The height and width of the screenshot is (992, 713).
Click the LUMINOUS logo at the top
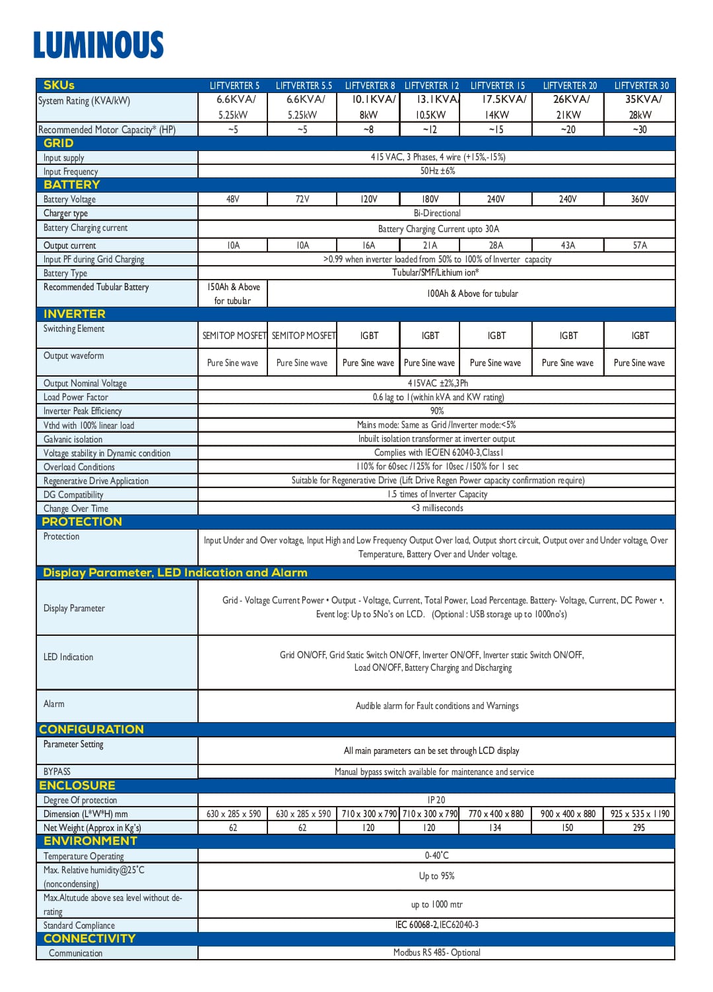pos(98,45)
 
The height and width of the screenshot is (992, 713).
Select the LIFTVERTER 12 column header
pos(431,86)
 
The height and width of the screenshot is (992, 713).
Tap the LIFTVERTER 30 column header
pos(641,86)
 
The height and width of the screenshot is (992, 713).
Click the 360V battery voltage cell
pos(639,199)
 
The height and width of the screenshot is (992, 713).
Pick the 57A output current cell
pos(639,245)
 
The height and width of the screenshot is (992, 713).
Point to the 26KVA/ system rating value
pos(571,100)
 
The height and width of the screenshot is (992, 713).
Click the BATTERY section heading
pos(71,185)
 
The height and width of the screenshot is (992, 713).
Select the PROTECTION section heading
pos(82,522)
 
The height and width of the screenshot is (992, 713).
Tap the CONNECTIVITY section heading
pos(89,939)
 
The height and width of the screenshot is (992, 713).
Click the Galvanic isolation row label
pos(73,439)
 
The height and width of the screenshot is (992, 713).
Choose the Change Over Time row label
pos(75,509)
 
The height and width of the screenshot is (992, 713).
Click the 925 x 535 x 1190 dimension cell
pos(639,814)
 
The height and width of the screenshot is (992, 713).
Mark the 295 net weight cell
pos(638,828)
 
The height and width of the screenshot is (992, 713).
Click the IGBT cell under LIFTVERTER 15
pos(496,336)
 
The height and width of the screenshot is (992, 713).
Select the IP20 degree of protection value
pos(436,800)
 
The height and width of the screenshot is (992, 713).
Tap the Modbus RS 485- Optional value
pos(436,952)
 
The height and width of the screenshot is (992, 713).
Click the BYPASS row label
pos(57,772)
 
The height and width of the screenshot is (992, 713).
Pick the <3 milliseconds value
pos(436,509)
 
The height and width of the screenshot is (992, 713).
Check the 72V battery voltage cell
pos(302,199)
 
